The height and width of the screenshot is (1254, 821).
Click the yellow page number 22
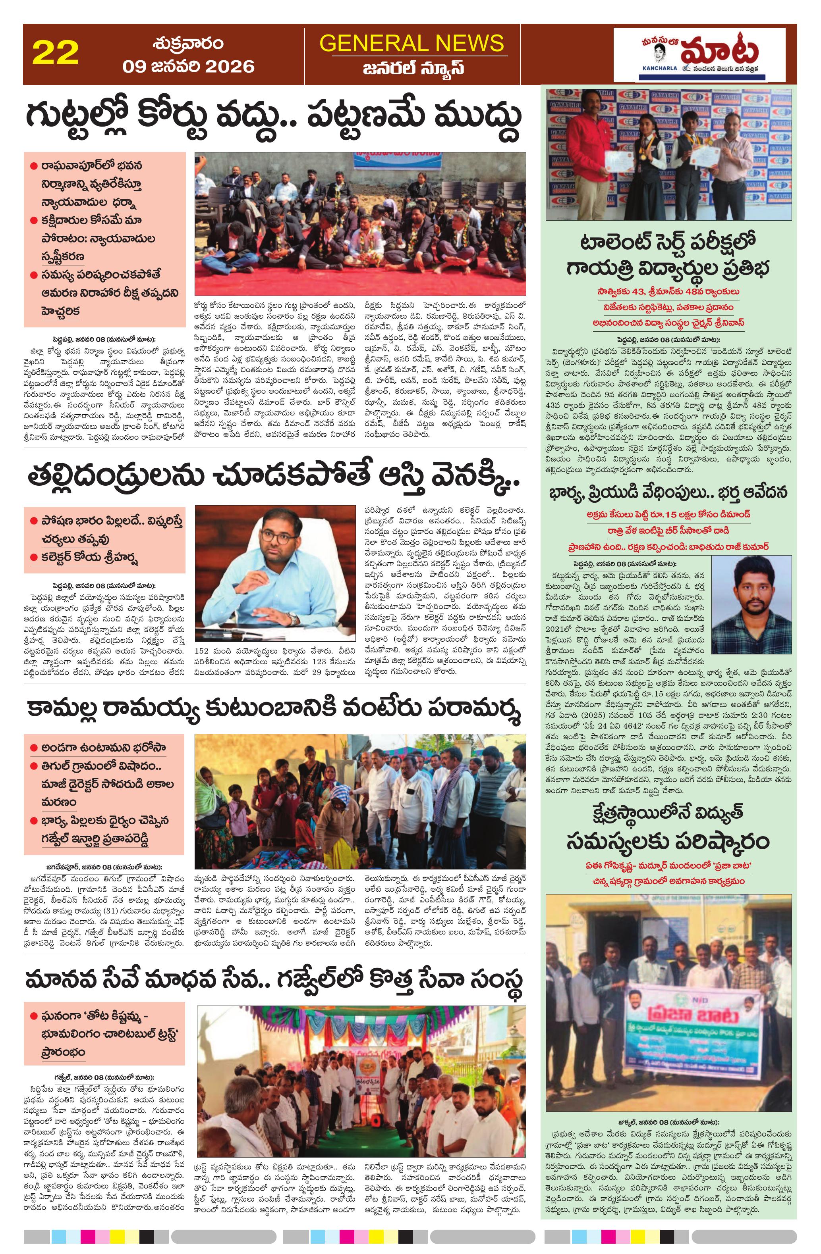[55, 53]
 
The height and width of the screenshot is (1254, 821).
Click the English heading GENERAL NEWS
[412, 43]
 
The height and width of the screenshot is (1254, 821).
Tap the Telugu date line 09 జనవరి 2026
[188, 66]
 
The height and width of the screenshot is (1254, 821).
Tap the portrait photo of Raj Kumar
[751, 598]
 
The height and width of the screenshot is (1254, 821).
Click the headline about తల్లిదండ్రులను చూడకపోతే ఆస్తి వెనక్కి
[274, 478]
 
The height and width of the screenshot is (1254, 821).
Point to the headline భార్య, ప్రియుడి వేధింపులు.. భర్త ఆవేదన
[668, 492]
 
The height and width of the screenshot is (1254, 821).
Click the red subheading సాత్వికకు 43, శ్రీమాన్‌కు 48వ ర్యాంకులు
[668, 291]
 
